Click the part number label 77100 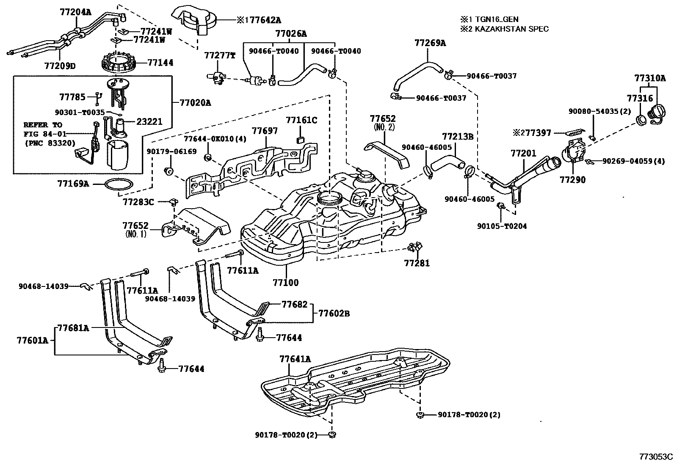coord(285,282)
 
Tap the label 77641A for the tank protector coord(295,359)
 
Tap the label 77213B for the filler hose coord(458,137)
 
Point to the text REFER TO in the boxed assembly coord(42,125)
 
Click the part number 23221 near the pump coord(149,121)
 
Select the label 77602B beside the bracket coord(334,314)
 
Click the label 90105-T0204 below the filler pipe coord(502,226)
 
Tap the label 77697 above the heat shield coord(265,131)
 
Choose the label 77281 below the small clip coord(417,264)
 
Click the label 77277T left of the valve coord(219,55)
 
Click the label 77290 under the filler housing coord(572,180)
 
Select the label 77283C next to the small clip coord(138,202)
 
